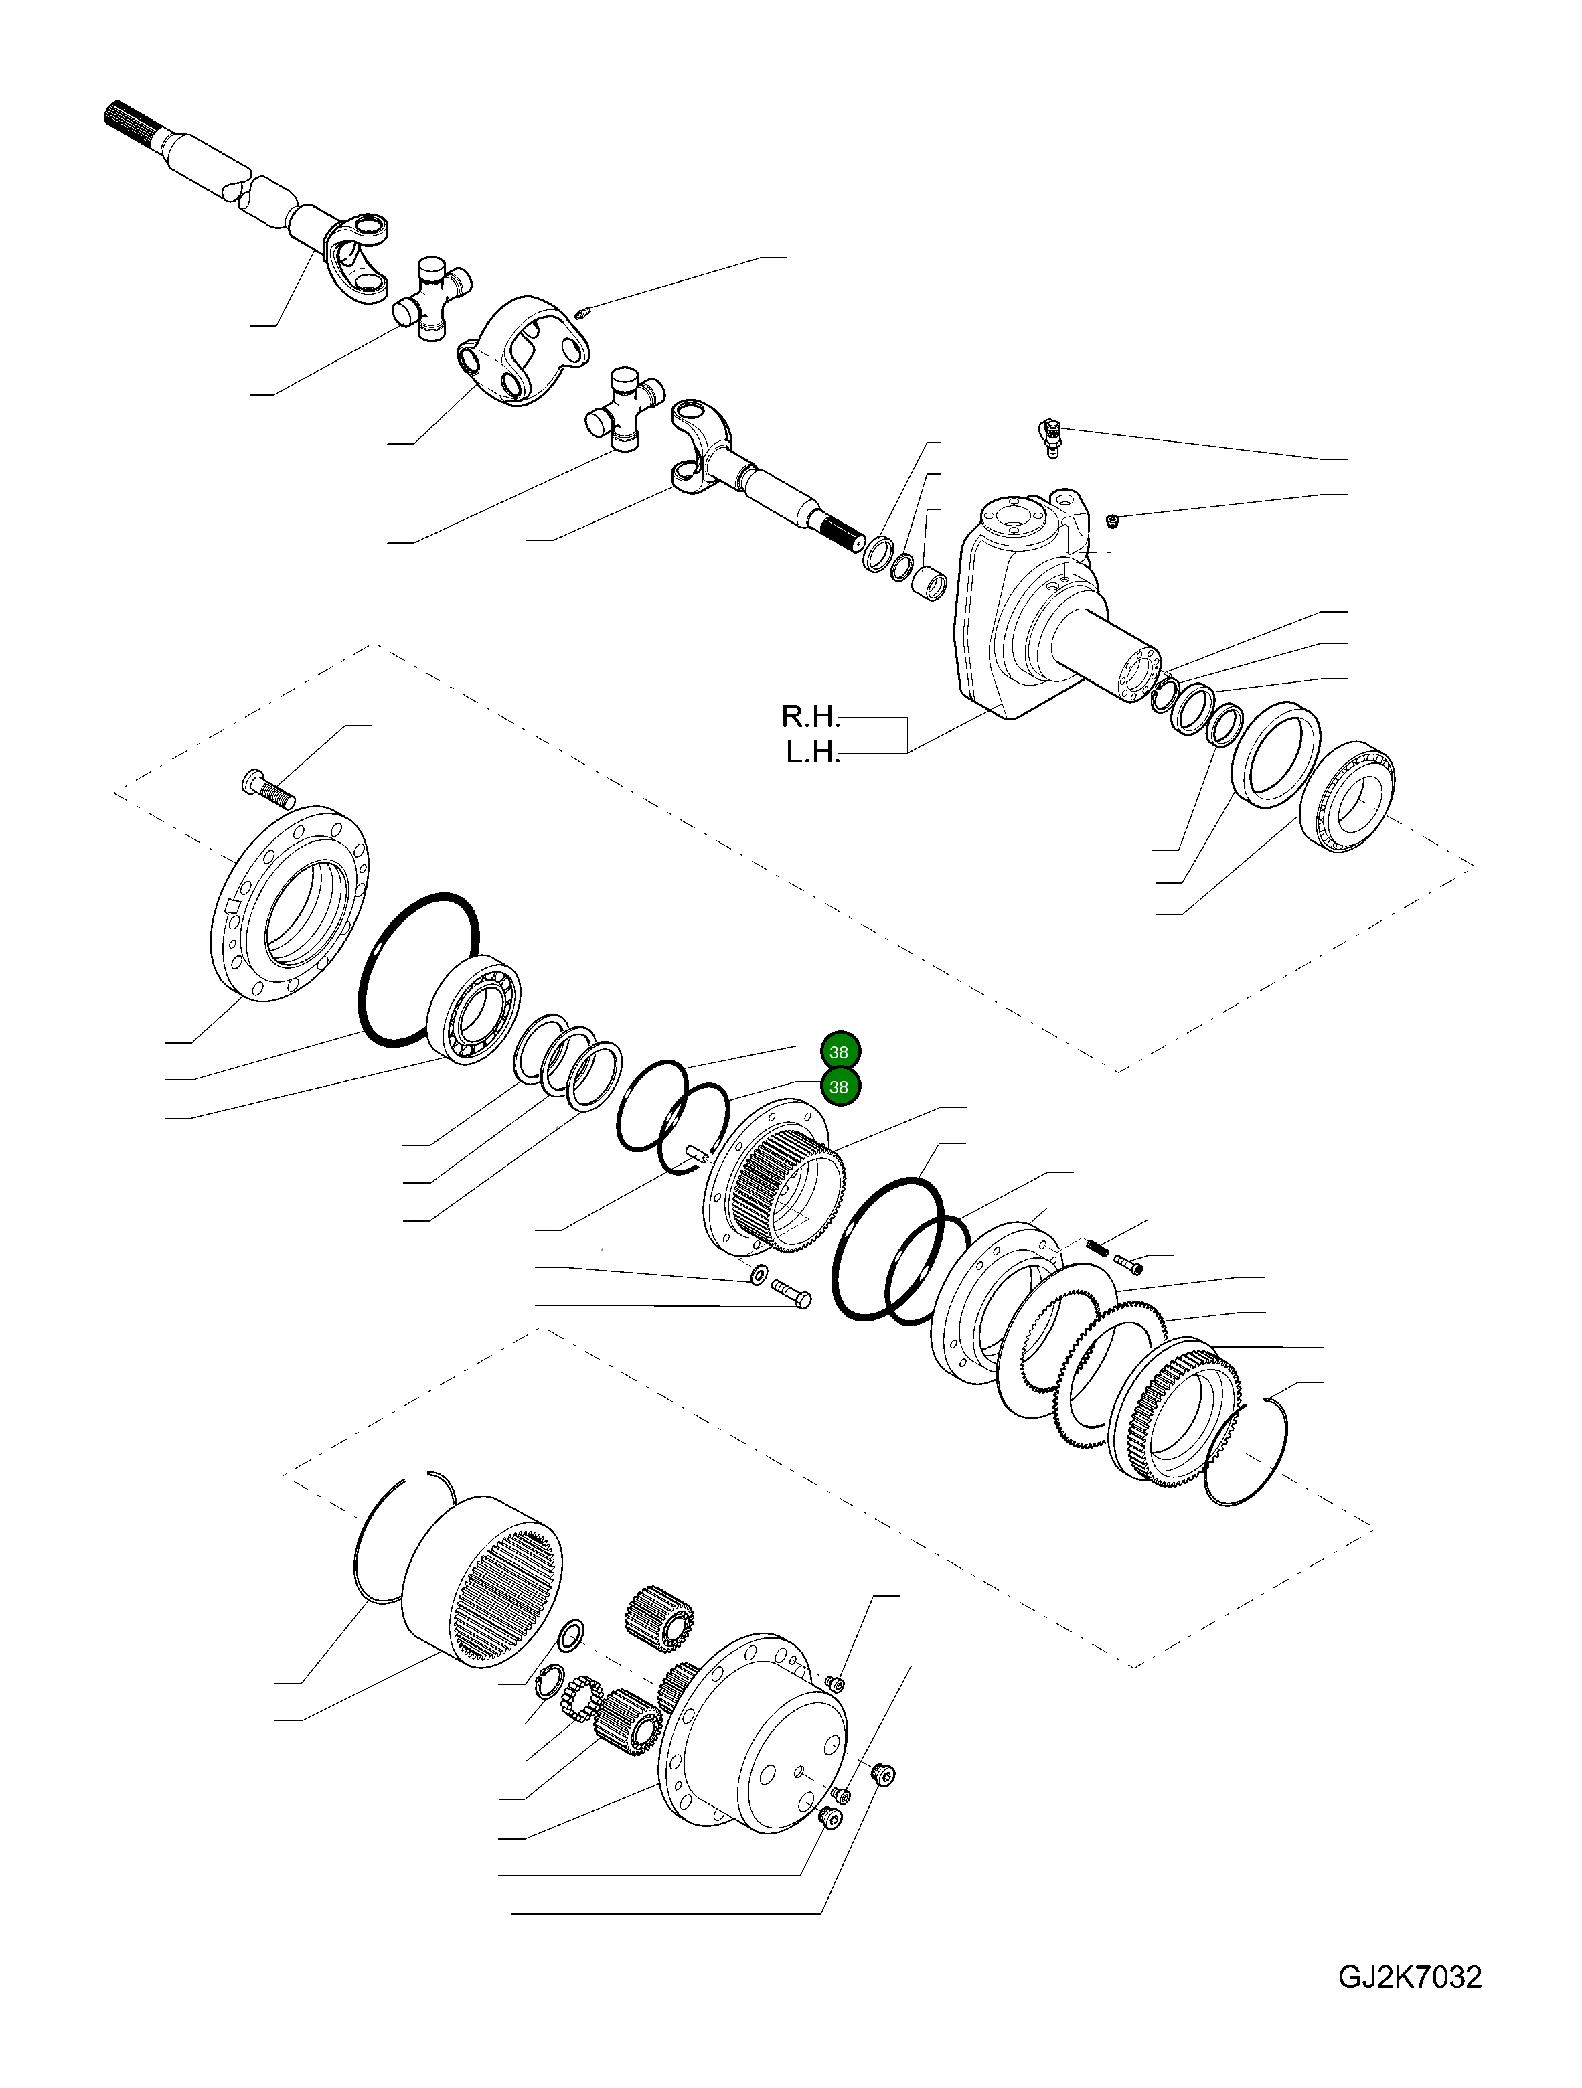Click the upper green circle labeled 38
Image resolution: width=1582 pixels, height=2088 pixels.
point(838,1052)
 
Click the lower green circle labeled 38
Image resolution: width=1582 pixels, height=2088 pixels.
point(838,1087)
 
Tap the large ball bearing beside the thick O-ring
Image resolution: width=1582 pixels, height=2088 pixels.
point(476,1010)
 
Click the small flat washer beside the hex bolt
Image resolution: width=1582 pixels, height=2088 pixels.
point(758,1276)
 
